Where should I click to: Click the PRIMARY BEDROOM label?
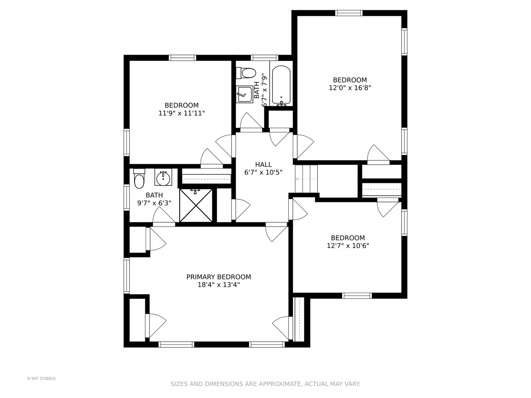coord(218,277)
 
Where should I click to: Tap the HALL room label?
coord(263,165)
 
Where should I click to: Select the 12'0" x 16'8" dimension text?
coord(350,87)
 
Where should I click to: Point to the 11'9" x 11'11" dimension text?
coord(181,113)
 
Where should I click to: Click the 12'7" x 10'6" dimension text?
coord(348,246)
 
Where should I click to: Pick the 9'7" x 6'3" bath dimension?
coord(155,203)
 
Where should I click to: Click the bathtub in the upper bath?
coord(281,86)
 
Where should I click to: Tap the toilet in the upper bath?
coord(246,73)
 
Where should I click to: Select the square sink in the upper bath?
coord(244,94)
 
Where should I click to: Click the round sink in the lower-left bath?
coord(163,178)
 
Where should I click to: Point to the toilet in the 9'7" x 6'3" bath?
coord(139,179)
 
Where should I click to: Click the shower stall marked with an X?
coord(196,205)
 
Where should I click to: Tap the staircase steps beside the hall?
coord(306,179)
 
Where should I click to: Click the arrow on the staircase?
coord(306,179)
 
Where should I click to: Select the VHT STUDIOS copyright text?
coord(41,378)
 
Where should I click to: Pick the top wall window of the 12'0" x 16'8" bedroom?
coord(349,13)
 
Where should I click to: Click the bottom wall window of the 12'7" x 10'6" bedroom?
coord(357,296)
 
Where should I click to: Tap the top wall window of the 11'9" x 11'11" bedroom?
coord(183,58)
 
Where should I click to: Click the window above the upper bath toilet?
coord(264,58)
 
